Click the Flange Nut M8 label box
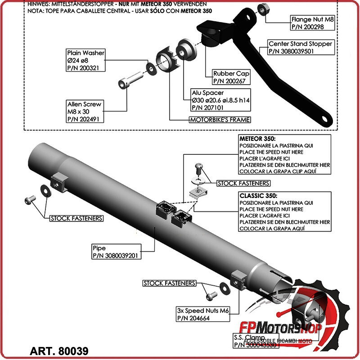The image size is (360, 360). click(313, 23)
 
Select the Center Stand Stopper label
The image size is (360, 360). click(301, 47)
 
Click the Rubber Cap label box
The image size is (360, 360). click(231, 77)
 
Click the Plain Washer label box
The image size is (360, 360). click(85, 60)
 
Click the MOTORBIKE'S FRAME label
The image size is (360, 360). click(220, 120)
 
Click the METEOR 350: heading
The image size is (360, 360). click(256, 139)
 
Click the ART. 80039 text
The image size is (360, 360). click(59, 350)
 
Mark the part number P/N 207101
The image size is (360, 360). click(208, 108)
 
